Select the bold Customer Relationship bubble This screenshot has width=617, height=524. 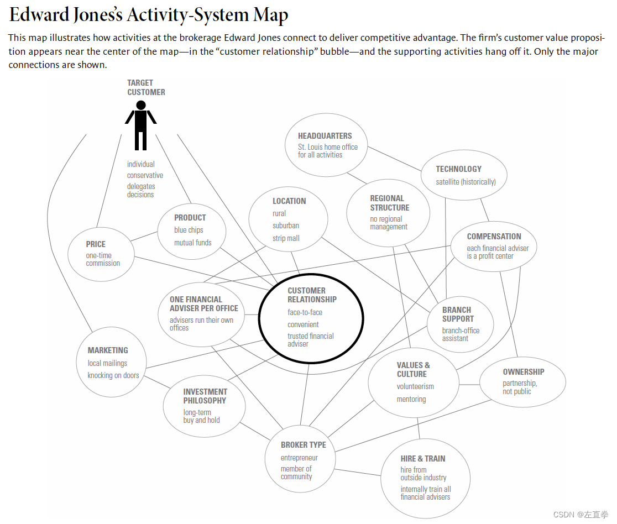tap(311, 318)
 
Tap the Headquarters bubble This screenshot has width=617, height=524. tap(326, 145)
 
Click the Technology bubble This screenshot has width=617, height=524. tap(463, 175)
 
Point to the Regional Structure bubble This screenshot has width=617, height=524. tap(388, 212)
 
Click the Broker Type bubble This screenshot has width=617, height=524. tap(303, 460)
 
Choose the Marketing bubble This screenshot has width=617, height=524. tap(111, 363)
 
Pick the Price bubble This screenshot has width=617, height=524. tap(102, 254)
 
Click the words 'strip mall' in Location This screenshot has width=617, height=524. tap(286, 238)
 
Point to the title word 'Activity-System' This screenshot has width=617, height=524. tap(188, 15)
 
